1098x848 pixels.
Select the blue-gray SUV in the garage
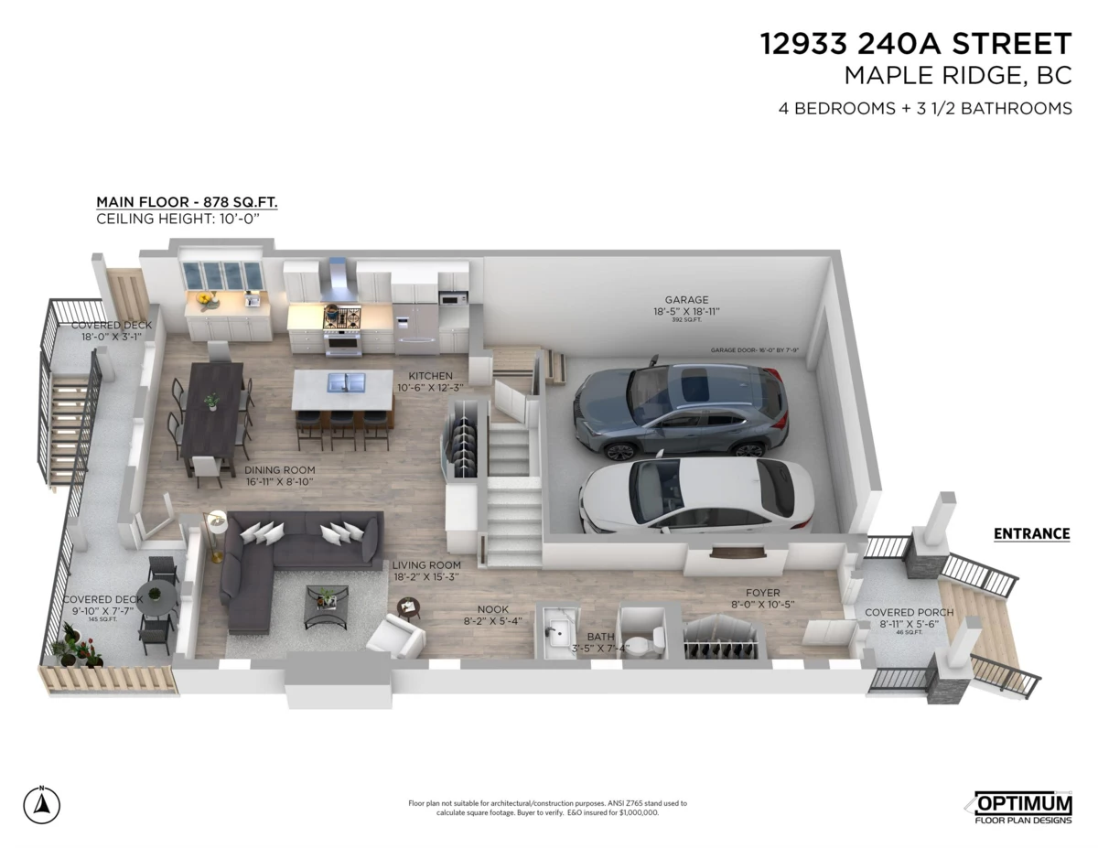point(677,407)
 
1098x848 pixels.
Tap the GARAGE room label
point(686,299)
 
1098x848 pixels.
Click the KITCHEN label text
point(430,376)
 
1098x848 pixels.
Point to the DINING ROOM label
point(279,470)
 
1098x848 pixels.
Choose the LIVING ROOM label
point(425,565)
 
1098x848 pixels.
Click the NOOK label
point(492,609)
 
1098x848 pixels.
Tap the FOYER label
point(762,593)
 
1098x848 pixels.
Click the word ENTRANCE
point(1031,534)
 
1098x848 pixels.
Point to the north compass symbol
point(41,804)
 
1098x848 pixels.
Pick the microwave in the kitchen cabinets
point(452,298)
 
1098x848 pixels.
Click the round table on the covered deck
point(159,597)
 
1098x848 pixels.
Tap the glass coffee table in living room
point(326,605)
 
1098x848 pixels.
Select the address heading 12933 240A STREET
point(915,44)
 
